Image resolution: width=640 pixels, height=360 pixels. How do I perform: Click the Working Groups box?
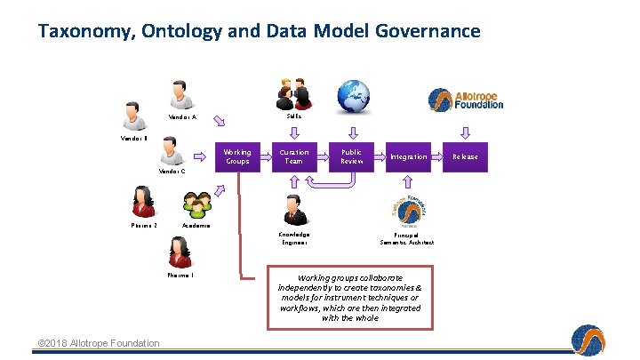(237, 156)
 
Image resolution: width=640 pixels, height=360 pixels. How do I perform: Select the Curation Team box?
(293, 156)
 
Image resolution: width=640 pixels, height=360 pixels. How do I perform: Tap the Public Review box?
(352, 156)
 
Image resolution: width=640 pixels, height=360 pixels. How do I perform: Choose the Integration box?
(408, 156)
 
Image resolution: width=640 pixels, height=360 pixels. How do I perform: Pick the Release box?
(465, 156)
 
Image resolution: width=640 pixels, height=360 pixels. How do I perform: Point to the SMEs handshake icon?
(294, 92)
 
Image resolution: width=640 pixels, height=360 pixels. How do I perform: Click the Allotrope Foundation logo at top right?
(466, 100)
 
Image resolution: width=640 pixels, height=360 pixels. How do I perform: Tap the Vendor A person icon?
(180, 95)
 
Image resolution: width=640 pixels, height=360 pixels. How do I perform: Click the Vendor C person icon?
(172, 150)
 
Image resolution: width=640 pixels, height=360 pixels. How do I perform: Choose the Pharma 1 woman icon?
(180, 252)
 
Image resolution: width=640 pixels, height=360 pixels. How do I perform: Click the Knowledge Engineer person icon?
(294, 210)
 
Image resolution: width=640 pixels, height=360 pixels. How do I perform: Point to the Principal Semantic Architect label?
(408, 238)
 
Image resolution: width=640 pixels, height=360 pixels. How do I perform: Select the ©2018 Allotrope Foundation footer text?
(98, 343)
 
